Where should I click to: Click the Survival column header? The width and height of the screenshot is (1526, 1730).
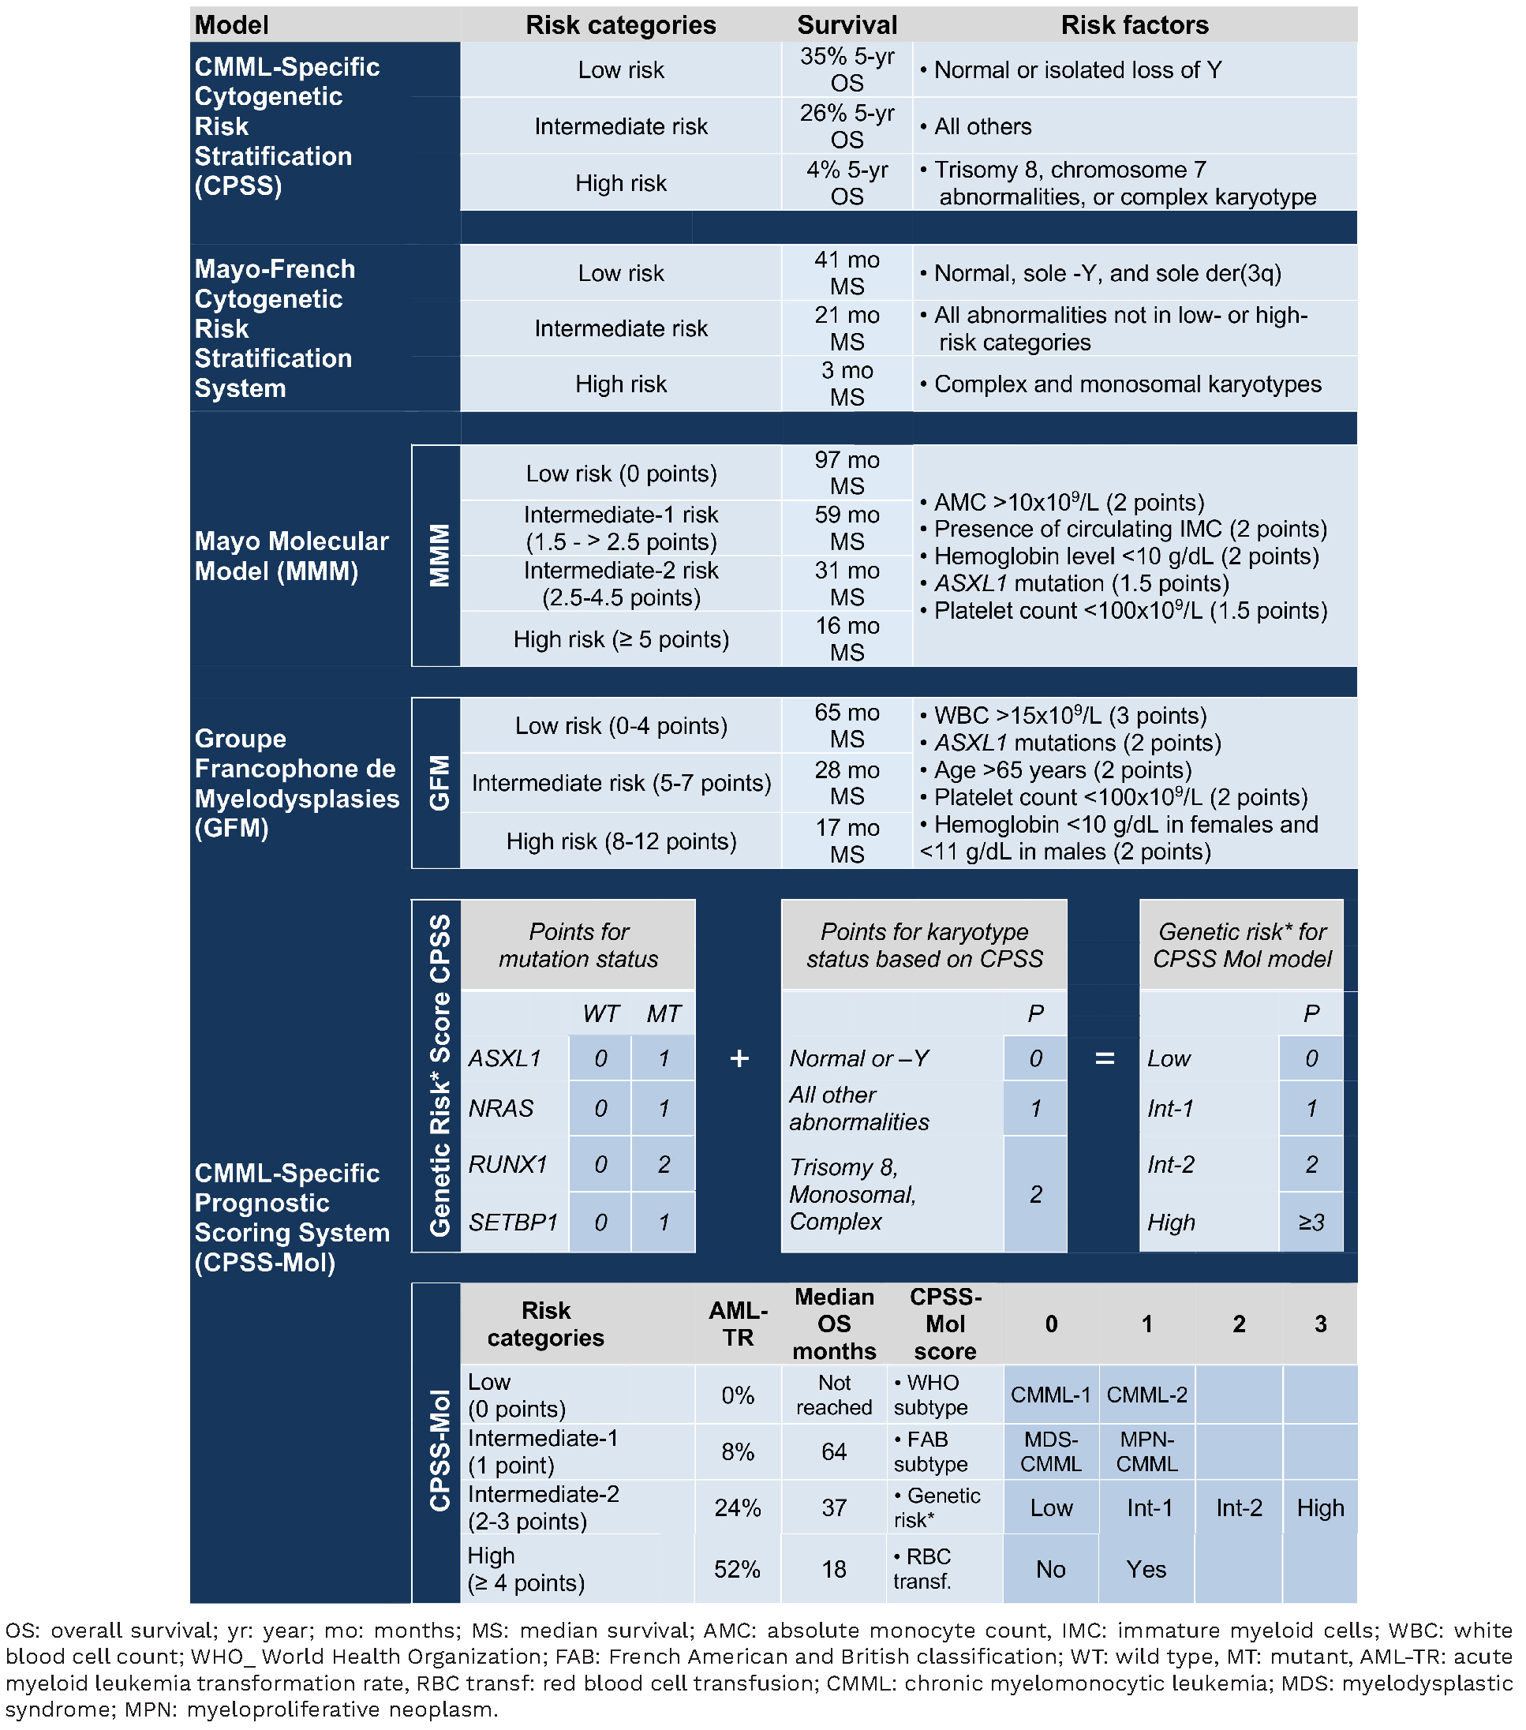[847, 24]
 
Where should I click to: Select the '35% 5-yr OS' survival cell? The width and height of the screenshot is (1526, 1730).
[847, 69]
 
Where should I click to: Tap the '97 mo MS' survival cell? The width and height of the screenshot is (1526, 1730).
[847, 473]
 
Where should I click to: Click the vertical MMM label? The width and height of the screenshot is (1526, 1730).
[439, 555]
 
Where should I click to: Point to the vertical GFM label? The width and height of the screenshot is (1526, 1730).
[439, 783]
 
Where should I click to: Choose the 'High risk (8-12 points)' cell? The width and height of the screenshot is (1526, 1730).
[621, 841]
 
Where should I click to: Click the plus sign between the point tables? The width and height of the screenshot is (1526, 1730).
[739, 1058]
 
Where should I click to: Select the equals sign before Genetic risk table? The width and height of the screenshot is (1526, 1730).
[1104, 1058]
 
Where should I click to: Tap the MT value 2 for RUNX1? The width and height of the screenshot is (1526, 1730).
[664, 1165]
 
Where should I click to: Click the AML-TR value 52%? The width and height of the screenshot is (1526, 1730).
[737, 1569]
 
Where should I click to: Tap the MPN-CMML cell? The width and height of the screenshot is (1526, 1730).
[1146, 1451]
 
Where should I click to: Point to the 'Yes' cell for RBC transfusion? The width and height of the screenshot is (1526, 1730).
[1146, 1569]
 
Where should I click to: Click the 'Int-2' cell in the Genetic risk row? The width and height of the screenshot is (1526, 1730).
[1238, 1507]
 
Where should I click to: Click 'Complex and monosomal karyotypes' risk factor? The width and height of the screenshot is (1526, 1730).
[1127, 384]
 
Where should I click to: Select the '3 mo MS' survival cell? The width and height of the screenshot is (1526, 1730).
[847, 384]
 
